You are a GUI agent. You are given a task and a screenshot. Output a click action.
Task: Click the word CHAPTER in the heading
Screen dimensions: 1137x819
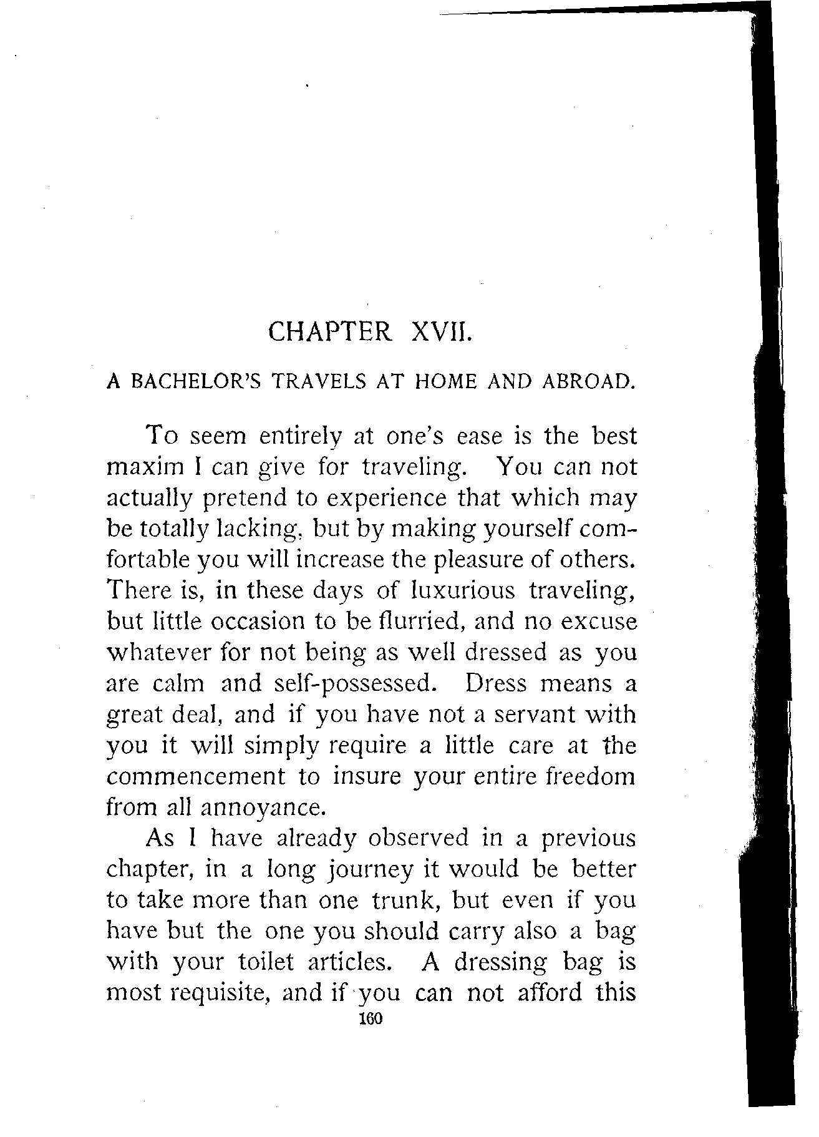pyautogui.click(x=330, y=331)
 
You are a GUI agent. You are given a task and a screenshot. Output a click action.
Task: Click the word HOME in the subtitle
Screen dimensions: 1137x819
pyautogui.click(x=445, y=381)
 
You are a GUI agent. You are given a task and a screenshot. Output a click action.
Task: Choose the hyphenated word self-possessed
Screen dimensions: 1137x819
pyautogui.click(x=353, y=684)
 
